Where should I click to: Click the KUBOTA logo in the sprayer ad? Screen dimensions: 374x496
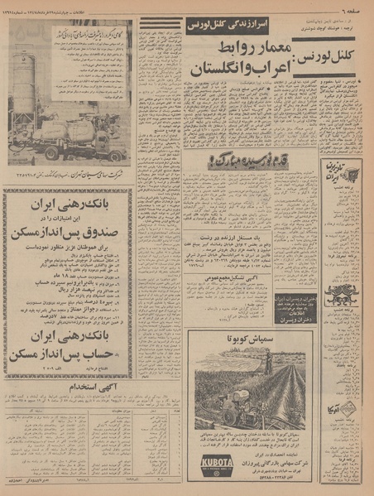pos(216,462)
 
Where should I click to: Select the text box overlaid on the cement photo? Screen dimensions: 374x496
pos(79,38)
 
